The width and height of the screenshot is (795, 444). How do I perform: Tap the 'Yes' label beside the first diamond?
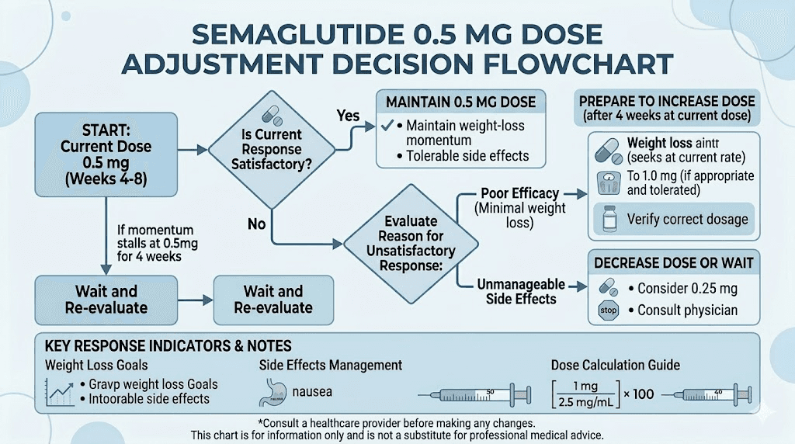click(348, 116)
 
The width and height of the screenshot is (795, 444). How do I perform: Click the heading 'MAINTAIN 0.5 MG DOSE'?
click(460, 102)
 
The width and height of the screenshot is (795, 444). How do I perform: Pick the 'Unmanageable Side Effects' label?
click(520, 292)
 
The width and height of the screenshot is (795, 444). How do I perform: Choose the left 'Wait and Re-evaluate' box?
click(106, 300)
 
